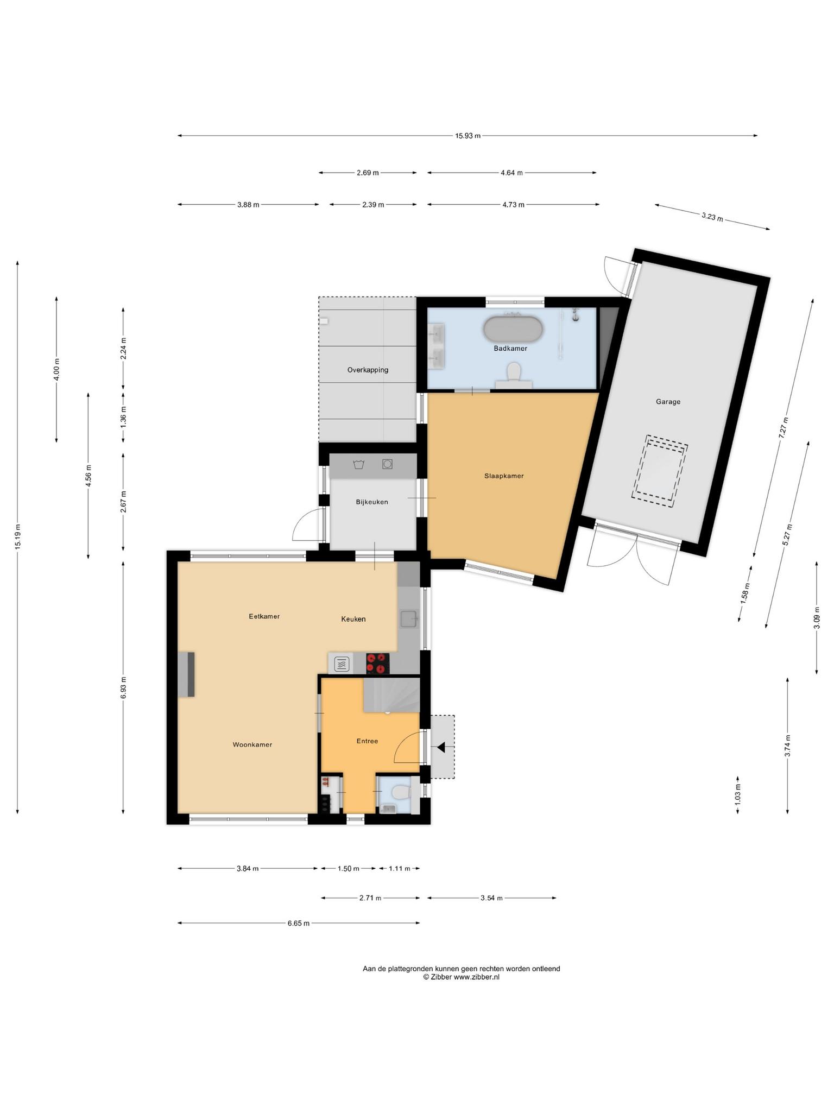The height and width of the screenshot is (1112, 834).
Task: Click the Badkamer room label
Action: click(510, 349)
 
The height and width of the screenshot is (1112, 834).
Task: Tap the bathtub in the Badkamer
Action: click(513, 330)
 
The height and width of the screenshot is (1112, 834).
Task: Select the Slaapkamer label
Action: click(504, 476)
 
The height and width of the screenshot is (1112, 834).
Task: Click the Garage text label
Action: click(668, 402)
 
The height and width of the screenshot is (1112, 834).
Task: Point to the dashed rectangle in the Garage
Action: click(659, 471)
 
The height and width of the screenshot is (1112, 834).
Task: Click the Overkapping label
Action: click(368, 370)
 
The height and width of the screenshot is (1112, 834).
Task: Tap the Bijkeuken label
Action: click(372, 502)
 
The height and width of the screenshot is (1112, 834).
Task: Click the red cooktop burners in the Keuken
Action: click(378, 664)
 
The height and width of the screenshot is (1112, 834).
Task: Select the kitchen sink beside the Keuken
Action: click(408, 618)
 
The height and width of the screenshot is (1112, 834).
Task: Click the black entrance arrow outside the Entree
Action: click(441, 748)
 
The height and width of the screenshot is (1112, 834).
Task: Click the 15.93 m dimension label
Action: click(467, 136)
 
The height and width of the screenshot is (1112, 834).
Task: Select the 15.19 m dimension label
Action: click(17, 538)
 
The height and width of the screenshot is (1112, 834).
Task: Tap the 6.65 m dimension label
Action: click(299, 924)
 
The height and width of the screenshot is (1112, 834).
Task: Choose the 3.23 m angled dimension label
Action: click(712, 217)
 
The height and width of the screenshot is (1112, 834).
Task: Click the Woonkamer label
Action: click(252, 745)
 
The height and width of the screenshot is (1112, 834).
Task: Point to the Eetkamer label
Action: click(264, 617)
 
